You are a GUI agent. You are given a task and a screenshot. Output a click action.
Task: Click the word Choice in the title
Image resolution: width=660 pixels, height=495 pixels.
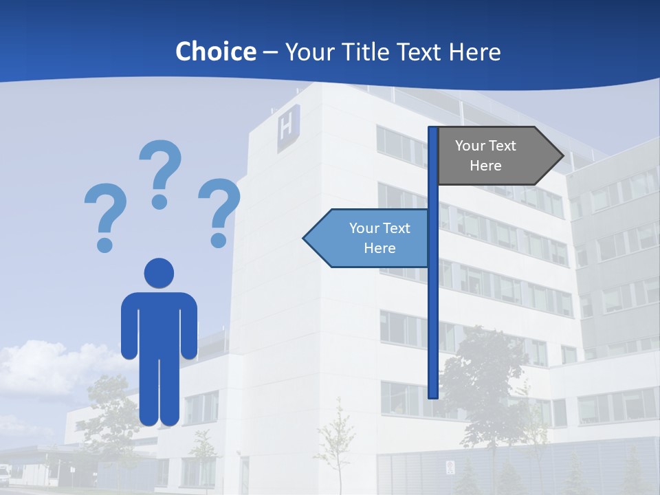click(x=215, y=52)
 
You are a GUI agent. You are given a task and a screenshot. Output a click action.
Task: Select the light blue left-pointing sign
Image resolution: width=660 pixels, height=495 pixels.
click(x=368, y=238)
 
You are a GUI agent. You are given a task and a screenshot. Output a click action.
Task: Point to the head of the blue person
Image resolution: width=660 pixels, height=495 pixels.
click(x=159, y=272)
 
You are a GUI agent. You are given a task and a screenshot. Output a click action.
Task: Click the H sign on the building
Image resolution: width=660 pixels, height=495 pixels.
click(x=288, y=129)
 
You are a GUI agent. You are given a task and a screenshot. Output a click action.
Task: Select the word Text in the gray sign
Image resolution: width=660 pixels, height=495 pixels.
click(x=502, y=145)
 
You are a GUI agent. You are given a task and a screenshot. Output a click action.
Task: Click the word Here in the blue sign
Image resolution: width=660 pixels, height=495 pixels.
click(x=379, y=248)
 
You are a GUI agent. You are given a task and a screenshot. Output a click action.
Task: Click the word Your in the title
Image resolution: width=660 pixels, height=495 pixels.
click(x=308, y=52)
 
